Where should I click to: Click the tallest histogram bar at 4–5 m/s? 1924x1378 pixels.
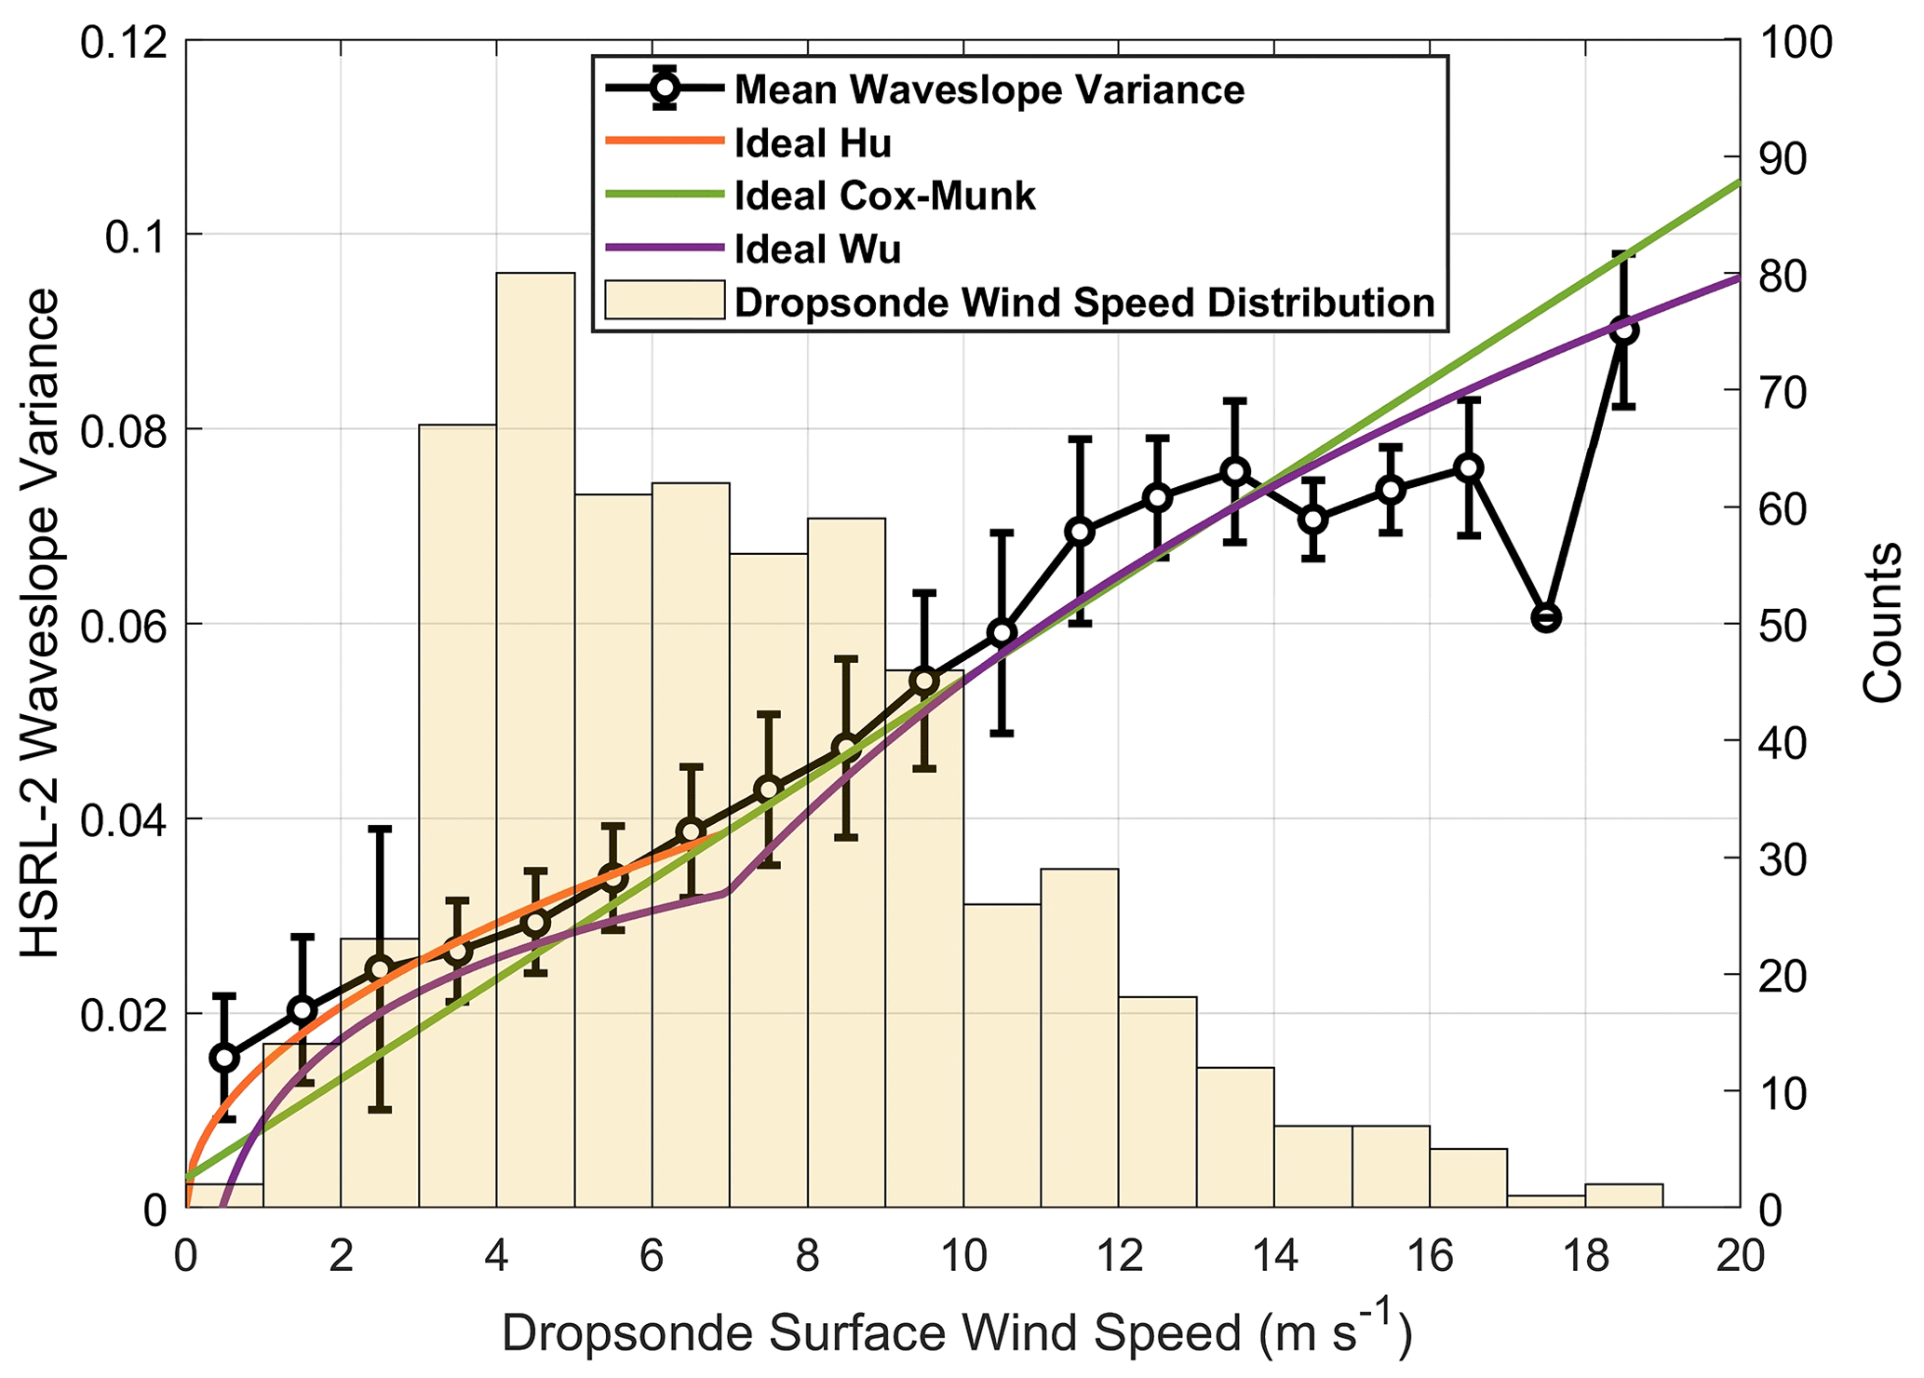535,745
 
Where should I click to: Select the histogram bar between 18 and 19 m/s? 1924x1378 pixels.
1623,1196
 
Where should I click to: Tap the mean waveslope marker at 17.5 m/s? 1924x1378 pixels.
1546,618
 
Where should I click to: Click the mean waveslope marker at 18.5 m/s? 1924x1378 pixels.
1624,330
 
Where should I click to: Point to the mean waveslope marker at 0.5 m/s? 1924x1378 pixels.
224,1058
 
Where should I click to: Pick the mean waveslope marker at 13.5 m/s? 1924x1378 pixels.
1235,471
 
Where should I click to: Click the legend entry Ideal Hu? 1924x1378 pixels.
812,143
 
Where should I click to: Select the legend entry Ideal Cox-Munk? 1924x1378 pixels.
884,196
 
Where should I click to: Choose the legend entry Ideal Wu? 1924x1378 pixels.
817,250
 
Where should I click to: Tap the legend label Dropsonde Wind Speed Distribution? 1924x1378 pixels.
1084,304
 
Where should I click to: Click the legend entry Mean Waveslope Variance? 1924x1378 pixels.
989,90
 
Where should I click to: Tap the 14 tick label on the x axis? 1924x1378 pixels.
1274,1258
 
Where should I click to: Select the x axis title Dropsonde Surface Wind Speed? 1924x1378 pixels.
957,1334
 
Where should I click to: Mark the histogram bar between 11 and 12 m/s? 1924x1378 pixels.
1080,1038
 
